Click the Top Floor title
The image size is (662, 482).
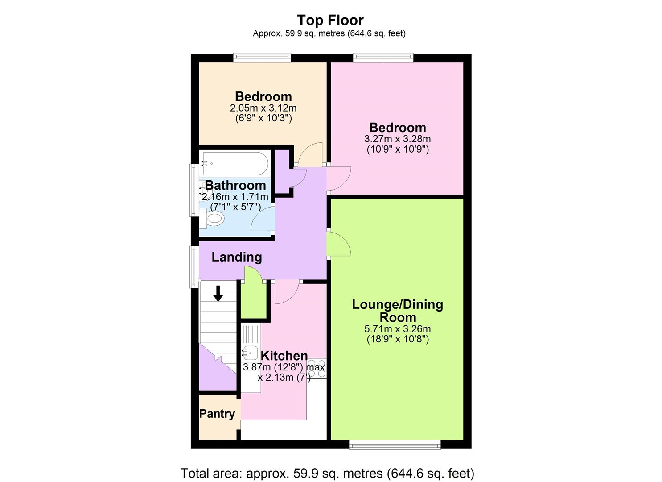(330, 20)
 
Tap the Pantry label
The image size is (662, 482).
(217, 414)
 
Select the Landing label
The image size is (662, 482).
(236, 257)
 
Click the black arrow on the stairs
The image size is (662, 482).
(218, 294)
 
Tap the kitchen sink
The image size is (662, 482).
(250, 353)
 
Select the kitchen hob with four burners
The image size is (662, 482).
(317, 369)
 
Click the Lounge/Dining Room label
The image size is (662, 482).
(397, 311)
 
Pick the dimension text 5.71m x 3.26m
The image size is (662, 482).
(397, 329)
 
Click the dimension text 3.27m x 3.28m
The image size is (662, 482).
(397, 139)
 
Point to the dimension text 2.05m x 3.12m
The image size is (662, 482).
(263, 108)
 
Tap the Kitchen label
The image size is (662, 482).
(284, 356)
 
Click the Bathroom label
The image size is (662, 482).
(235, 185)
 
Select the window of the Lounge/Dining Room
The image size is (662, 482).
(395, 444)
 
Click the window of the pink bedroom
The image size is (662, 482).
(383, 58)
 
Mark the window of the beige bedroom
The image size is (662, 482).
(262, 58)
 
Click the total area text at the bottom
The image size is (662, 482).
(327, 473)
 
